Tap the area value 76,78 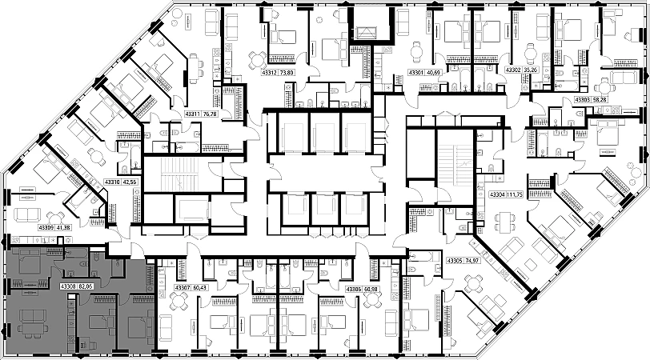tap(211, 114)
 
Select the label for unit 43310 tap(114, 182)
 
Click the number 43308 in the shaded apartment tap(67, 285)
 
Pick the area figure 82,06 tap(86, 285)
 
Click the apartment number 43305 tap(455, 261)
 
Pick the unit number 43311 tap(191, 114)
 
